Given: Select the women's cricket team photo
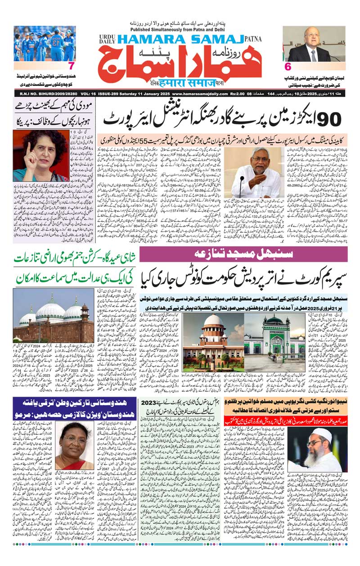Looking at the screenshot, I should pos(45,44).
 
